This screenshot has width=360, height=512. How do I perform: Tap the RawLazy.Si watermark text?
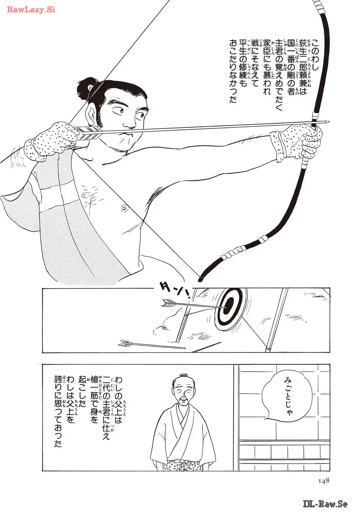31,10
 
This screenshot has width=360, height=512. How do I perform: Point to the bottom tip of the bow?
200,280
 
